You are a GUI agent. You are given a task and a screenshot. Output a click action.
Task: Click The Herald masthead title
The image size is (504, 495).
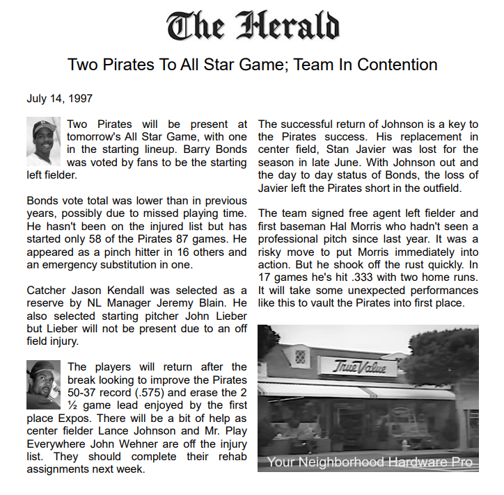(252, 26)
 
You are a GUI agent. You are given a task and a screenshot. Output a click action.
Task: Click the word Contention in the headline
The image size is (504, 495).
(396, 65)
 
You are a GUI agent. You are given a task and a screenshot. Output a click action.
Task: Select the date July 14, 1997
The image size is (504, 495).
(60, 99)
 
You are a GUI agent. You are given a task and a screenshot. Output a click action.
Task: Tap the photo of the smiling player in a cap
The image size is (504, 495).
(43, 141)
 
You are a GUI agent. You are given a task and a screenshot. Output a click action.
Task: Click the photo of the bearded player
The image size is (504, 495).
(43, 384)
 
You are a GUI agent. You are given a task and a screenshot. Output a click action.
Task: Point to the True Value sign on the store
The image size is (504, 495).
(359, 366)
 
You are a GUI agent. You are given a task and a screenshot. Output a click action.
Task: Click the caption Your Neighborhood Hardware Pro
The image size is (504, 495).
(369, 462)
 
